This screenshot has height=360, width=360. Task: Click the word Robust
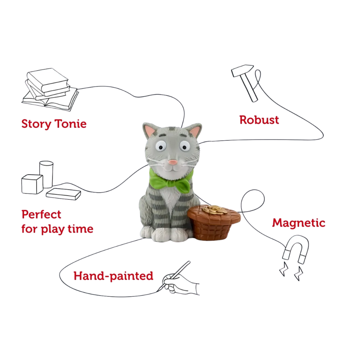259,120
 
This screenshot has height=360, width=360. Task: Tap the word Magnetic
298,223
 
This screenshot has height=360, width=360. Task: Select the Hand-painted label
113,276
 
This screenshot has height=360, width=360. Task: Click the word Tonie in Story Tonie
70,124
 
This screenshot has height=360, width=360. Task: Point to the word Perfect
41,214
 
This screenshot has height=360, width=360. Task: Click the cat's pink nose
172,162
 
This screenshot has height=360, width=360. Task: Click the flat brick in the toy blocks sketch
63,194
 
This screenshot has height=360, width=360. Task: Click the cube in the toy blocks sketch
32,184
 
